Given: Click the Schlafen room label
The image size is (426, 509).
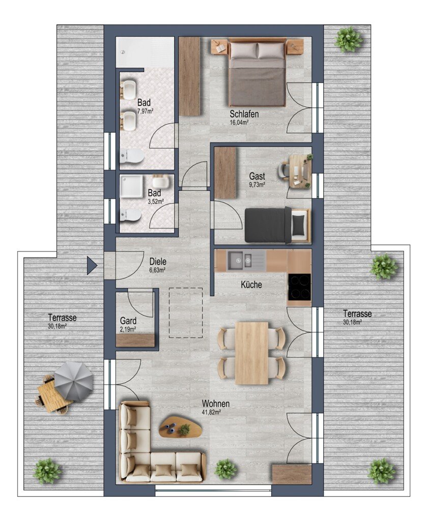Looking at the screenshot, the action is (x=244, y=114).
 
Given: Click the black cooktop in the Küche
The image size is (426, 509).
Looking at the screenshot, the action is (x=299, y=287).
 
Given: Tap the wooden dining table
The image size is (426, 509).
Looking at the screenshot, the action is (x=252, y=353).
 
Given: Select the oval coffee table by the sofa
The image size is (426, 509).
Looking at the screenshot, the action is (x=181, y=426).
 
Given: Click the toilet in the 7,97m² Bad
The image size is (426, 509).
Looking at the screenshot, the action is (x=132, y=156).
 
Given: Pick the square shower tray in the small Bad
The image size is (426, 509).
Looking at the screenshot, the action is (x=132, y=186).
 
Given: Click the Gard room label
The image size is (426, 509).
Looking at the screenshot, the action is (x=128, y=321).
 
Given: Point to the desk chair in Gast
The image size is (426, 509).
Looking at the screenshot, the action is (x=283, y=170).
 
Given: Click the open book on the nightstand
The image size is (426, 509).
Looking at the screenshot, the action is (x=220, y=48).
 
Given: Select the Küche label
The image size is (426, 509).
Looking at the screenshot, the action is (x=251, y=285).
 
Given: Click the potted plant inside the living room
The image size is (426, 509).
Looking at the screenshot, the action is (x=225, y=469).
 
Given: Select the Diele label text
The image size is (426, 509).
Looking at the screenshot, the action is (x=158, y=261).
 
